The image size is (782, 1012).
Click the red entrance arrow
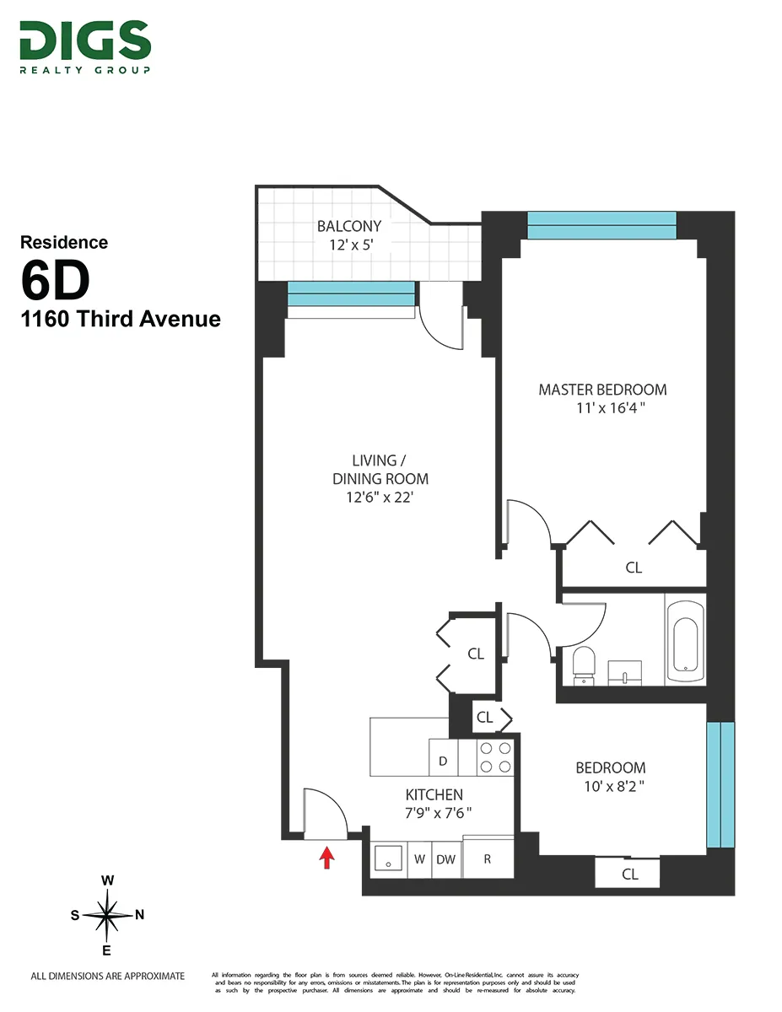coord(327,858)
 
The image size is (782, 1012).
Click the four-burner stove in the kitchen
coord(495,757)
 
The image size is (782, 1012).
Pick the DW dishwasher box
coord(445,860)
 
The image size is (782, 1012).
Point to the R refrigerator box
coord(488,859)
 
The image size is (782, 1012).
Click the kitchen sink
coord(389,860)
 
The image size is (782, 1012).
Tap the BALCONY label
coord(349,226)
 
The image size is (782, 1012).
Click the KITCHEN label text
coord(434,794)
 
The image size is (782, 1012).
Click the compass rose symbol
coord(107,915)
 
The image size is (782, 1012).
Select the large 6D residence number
coord(55,283)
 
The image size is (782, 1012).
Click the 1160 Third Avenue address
coord(121,320)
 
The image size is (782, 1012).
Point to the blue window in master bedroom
coord(601,225)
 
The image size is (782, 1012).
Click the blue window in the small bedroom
coord(720,784)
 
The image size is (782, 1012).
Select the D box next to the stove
coord(443,762)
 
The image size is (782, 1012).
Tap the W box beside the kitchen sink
coord(419,860)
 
